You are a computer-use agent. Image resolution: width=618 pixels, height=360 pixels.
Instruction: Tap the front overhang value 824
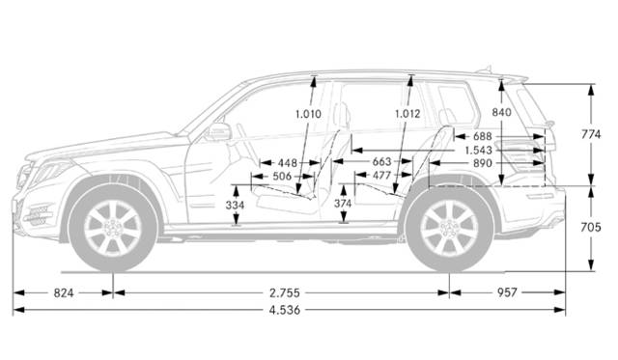[63, 291]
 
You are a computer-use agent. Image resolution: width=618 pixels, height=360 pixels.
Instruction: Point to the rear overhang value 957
[507, 291]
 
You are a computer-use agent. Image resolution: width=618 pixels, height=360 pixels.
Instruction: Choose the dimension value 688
[483, 137]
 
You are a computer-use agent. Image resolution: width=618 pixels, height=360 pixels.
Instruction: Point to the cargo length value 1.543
[480, 151]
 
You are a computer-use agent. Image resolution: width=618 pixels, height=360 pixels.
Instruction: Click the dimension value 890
[483, 163]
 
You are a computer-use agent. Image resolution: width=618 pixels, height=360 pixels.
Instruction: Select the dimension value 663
[381, 162]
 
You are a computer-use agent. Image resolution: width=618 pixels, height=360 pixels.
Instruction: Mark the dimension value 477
[381, 176]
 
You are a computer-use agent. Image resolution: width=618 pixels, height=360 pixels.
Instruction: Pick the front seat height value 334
[235, 206]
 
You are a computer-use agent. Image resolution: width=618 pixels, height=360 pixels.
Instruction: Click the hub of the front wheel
[114, 229]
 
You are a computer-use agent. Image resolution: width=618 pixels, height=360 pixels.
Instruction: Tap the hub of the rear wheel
[449, 229]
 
